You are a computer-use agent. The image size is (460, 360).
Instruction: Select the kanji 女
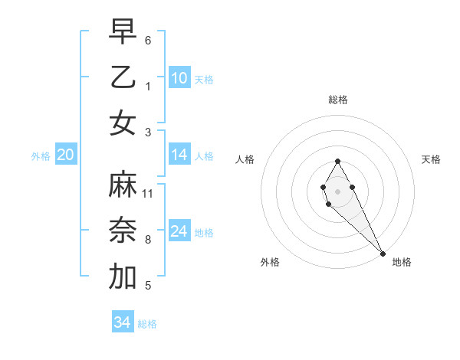(123, 123)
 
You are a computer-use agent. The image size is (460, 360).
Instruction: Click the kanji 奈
(123, 231)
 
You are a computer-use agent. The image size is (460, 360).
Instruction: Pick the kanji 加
(123, 277)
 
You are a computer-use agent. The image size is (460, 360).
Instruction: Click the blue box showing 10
(179, 77)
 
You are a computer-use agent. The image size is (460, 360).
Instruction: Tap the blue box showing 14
(179, 155)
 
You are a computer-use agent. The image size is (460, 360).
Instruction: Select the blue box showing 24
(179, 231)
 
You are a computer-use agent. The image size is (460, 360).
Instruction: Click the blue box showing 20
(65, 155)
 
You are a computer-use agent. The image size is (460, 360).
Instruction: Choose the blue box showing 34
(123, 322)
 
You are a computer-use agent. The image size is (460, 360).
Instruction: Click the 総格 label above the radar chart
(337, 100)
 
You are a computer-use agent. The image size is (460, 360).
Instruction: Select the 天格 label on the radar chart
(431, 159)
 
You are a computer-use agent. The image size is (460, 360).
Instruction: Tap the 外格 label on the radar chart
(270, 262)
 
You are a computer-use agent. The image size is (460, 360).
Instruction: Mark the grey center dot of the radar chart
(337, 191)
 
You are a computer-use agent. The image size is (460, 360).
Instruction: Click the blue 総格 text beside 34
(147, 324)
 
